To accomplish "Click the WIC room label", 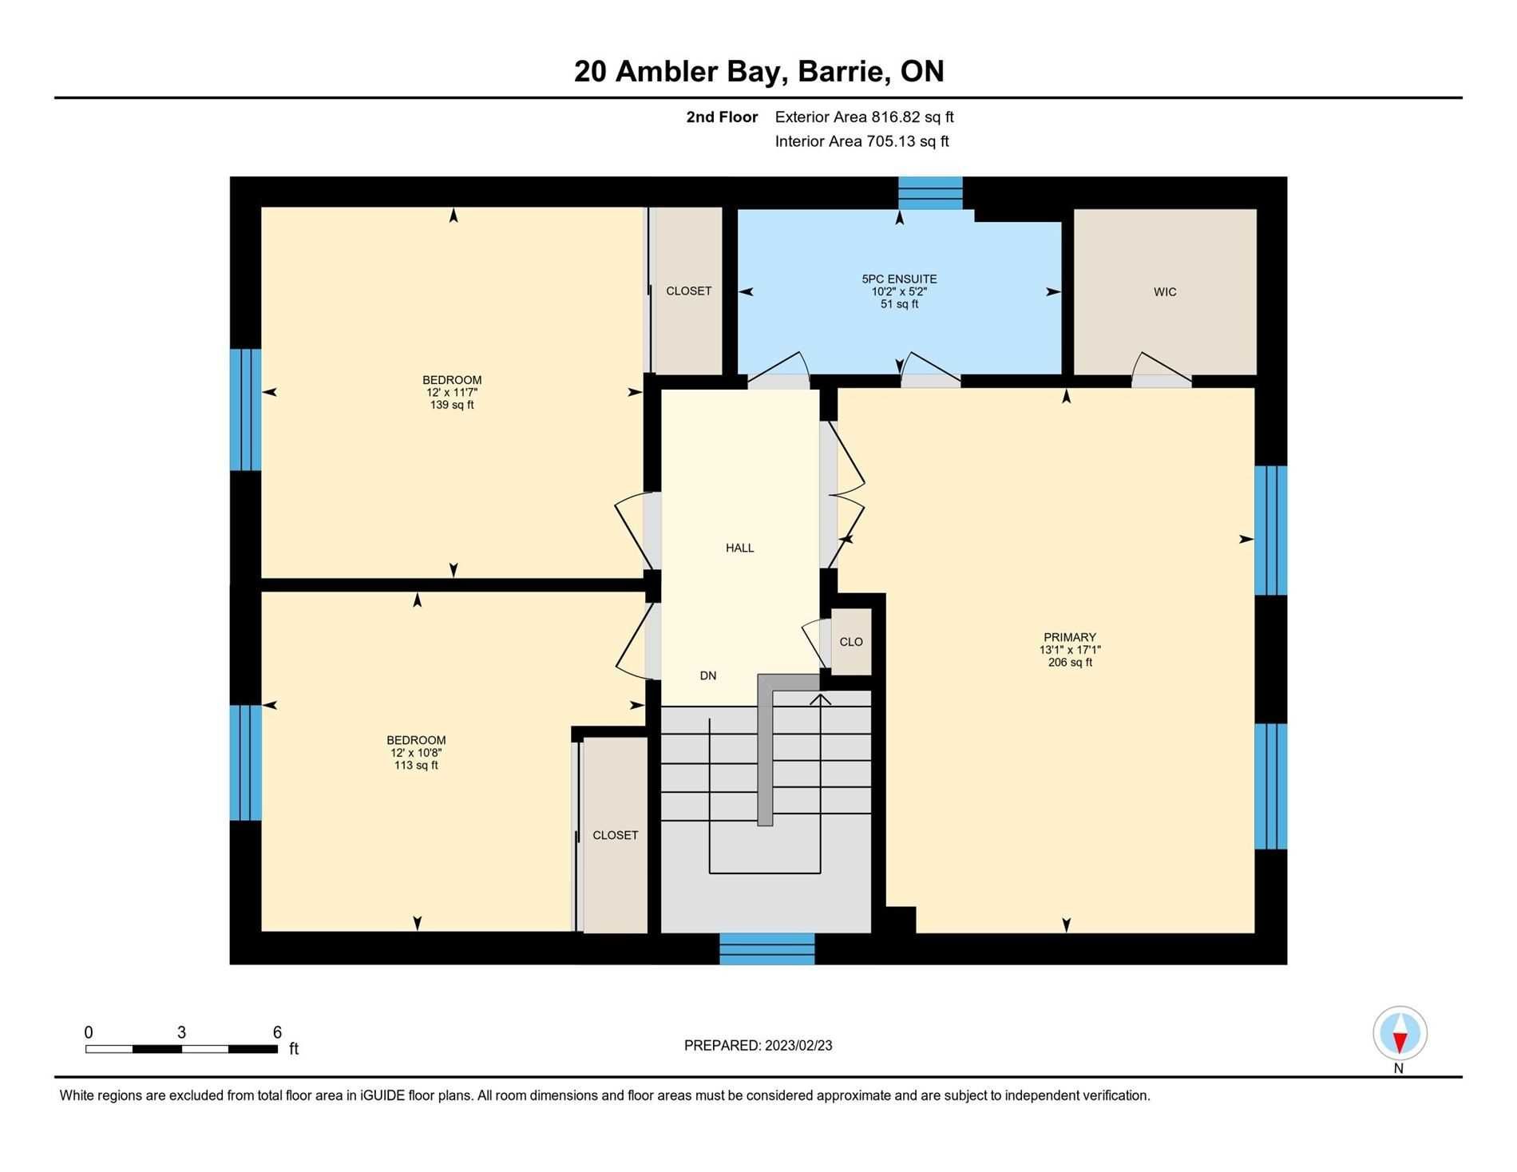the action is pyautogui.click(x=1165, y=292).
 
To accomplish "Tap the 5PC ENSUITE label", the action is pyautogui.click(x=899, y=279).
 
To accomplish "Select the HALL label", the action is pyautogui.click(x=740, y=548).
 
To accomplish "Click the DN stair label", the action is pyautogui.click(x=708, y=676).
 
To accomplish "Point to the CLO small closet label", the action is pyautogui.click(x=851, y=642).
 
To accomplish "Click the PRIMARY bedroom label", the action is pyautogui.click(x=1070, y=638).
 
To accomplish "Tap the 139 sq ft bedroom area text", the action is pyautogui.click(x=452, y=406).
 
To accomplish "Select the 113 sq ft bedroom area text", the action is pyautogui.click(x=416, y=766).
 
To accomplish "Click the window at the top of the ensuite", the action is pyautogui.click(x=930, y=193).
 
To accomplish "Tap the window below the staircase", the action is pyautogui.click(x=767, y=948).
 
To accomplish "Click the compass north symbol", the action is pyautogui.click(x=1400, y=1034).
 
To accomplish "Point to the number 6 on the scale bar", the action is pyautogui.click(x=277, y=1032).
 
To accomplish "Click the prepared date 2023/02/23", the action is pyautogui.click(x=798, y=1046).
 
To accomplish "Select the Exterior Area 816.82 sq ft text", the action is pyautogui.click(x=865, y=117).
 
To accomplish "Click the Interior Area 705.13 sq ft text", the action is pyautogui.click(x=862, y=142).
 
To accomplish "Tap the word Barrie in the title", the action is pyautogui.click(x=844, y=72).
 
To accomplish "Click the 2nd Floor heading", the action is pyautogui.click(x=722, y=117).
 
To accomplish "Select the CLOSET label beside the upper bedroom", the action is pyautogui.click(x=689, y=291).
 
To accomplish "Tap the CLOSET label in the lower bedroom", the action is pyautogui.click(x=616, y=836).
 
